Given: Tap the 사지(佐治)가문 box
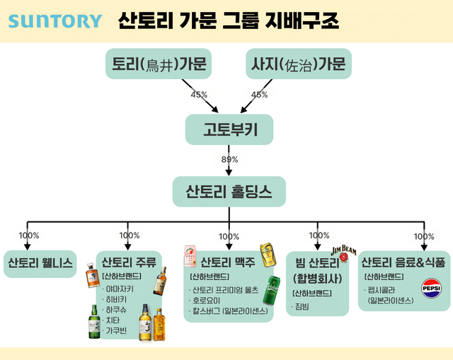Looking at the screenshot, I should pos(298,66).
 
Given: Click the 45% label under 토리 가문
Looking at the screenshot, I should pos(199,95).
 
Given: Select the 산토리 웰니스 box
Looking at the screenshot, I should pos(40,263).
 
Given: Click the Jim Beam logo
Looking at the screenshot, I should pos(345,251).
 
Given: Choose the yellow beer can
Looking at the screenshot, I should pos(267,255).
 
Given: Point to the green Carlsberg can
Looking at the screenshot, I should pos(272,289).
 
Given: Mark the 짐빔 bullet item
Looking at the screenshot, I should pos(302,306).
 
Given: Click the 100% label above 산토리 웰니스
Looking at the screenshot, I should pos(29,236).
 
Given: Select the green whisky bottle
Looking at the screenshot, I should pos(94,322).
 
